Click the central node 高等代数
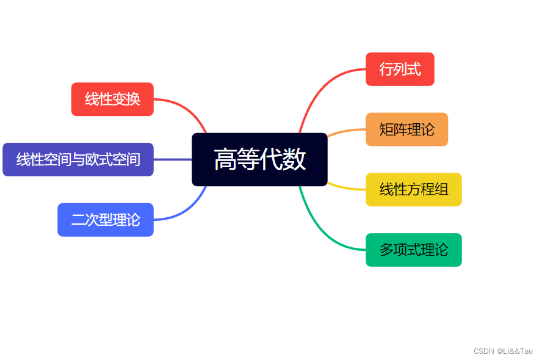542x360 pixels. point(259,159)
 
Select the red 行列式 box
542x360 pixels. point(400,69)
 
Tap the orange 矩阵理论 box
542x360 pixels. point(406,129)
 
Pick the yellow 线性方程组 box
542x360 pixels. point(413,190)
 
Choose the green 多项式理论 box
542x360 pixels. point(413,250)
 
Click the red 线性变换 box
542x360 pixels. point(112,99)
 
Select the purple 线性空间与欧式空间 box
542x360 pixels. point(78,159)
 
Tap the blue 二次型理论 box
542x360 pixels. point(106,220)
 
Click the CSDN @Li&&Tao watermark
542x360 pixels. point(503,351)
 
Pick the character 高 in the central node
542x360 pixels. point(225,160)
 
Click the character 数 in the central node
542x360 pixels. point(295,160)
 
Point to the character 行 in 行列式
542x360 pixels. point(386,69)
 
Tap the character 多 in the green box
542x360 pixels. point(386,250)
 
